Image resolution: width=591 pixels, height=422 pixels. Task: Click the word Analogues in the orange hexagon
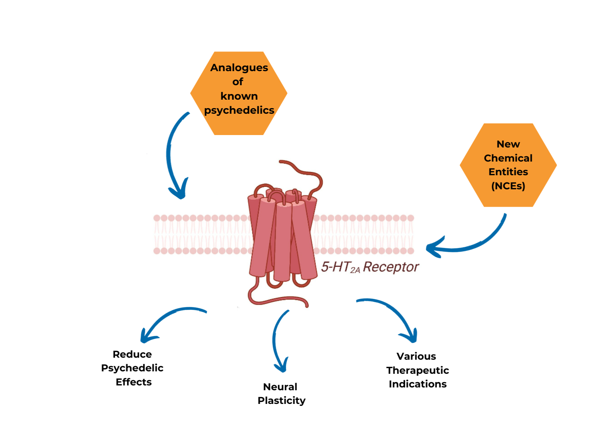(239, 68)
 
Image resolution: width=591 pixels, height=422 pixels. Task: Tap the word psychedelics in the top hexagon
(239, 110)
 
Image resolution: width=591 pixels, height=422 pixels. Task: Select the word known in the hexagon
(239, 96)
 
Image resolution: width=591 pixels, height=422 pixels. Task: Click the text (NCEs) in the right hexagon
(508, 186)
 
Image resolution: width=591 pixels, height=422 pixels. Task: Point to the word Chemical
(508, 158)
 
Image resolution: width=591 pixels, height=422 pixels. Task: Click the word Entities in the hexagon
(508, 172)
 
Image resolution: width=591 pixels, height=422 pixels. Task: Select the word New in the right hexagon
(508, 144)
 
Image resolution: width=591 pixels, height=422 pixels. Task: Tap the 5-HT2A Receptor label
(370, 267)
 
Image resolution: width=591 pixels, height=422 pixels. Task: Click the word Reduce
(132, 354)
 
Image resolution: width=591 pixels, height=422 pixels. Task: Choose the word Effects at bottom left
(134, 382)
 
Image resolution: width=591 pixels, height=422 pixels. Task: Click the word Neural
(280, 387)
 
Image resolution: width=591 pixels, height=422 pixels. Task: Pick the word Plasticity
(282, 400)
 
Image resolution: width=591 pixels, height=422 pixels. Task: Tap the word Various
(416, 356)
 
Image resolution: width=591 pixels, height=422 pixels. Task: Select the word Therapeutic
(418, 370)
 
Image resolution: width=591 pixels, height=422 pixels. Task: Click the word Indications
(418, 384)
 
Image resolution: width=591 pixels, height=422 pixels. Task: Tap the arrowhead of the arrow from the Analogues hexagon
(179, 191)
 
